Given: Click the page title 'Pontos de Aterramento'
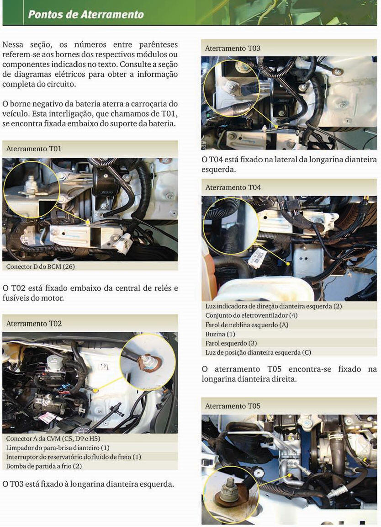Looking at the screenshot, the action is [86, 14].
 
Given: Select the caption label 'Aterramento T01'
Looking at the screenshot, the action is [34, 149].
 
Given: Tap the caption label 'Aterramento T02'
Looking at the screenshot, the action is [34, 324].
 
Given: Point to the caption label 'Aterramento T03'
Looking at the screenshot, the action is [233, 48].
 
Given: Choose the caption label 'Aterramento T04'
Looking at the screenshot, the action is [233, 187].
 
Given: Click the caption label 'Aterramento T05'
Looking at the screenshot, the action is [233, 406].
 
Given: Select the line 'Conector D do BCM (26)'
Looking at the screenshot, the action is [40, 267].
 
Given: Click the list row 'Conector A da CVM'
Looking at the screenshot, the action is [53, 439].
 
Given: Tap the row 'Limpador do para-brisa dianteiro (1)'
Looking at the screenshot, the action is [58, 447].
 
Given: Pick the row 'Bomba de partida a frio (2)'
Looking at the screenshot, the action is [44, 466].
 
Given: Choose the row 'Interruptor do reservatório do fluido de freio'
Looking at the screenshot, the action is [74, 457].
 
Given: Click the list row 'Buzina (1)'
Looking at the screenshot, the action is [220, 334].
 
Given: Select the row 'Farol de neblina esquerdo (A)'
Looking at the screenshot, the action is [247, 325].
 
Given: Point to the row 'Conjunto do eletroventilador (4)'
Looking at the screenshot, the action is [251, 315].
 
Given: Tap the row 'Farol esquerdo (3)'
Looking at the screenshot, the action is [231, 343].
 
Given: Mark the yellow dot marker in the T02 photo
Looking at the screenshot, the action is [96, 390].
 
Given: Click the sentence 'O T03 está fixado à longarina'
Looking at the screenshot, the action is [88, 484].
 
